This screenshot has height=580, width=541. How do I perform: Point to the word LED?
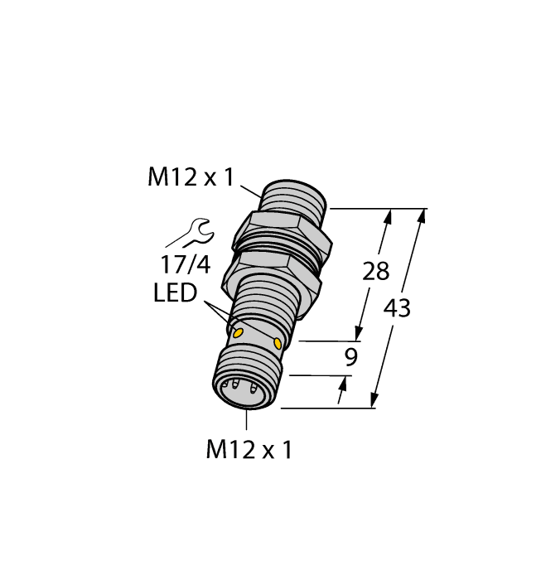tap(175, 293)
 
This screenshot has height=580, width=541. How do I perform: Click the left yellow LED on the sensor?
tap(239, 332)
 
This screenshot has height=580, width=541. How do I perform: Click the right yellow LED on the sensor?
tap(278, 341)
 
